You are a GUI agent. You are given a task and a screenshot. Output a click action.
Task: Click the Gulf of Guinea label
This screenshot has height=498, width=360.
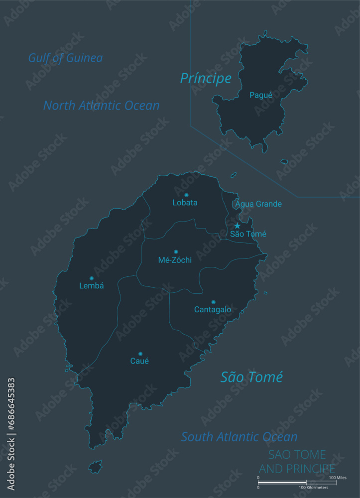point(65,58)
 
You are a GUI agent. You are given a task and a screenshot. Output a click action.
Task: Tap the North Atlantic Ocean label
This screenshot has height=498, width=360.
point(102,106)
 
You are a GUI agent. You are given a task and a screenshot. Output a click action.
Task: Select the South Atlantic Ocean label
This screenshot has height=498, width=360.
point(239,437)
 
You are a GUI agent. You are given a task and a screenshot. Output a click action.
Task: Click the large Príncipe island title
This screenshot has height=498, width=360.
point(206,78)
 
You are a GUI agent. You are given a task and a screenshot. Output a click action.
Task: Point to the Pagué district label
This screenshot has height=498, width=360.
point(261,95)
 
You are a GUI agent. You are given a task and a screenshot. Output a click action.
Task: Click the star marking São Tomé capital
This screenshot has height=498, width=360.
point(238,226)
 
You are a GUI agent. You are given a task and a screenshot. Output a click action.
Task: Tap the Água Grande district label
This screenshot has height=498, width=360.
point(258,204)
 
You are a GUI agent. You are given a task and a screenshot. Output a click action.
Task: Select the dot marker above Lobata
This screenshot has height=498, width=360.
point(186,195)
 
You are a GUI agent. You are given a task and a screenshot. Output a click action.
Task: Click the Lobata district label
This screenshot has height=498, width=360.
point(185,203)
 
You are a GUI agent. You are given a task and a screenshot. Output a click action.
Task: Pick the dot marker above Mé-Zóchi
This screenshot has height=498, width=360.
point(176,252)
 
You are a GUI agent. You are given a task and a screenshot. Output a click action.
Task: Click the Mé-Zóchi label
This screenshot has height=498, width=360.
point(175,260)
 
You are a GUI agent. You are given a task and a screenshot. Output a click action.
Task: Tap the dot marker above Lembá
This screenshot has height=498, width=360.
point(92,278)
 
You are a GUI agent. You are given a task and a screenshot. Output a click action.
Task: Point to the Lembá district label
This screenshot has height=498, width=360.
point(92,286)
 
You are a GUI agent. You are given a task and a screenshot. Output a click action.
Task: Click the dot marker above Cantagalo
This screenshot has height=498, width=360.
point(213,302)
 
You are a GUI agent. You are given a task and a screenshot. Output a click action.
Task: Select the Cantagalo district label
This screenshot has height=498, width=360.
point(213,310)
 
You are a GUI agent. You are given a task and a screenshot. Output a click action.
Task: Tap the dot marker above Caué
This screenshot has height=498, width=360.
point(140,354)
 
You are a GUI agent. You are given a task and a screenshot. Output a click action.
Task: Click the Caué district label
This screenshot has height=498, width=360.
point(139,361)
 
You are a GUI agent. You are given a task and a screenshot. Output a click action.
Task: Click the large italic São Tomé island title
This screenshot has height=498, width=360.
point(251,377)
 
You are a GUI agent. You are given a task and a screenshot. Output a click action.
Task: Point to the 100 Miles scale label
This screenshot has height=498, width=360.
point(338,478)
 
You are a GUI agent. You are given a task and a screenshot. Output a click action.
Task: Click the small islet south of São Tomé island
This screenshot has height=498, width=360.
point(95,467)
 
